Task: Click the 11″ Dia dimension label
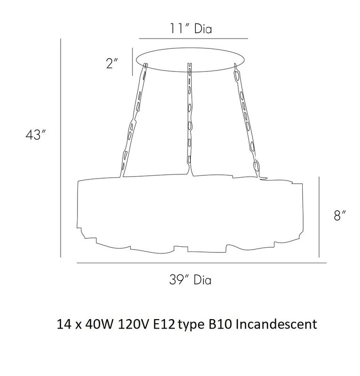click(191, 29)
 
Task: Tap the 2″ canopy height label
click(112, 63)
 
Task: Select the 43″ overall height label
click(36, 134)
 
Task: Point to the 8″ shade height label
click(340, 215)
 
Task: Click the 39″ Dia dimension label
click(190, 280)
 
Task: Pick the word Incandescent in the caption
click(276, 324)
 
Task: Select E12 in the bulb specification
click(164, 324)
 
